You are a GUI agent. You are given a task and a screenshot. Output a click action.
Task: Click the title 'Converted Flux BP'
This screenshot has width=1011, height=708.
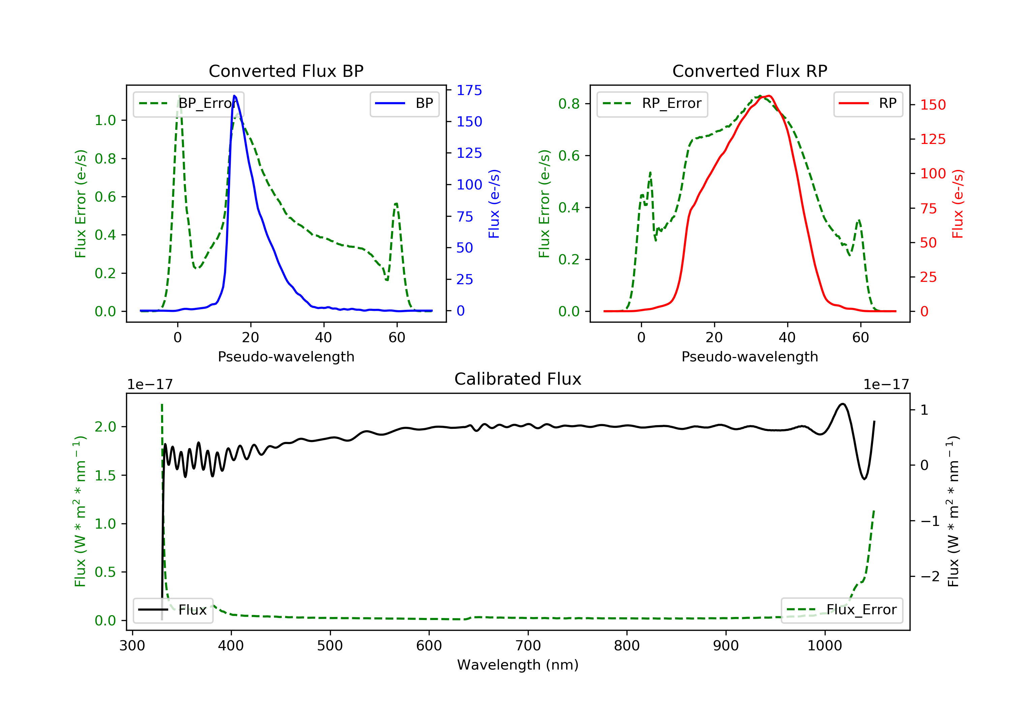pos(286,71)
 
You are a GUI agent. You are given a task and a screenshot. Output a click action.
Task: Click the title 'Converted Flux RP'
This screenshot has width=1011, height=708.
pos(749,71)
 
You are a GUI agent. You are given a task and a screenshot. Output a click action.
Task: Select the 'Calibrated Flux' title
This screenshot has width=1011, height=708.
pos(517,379)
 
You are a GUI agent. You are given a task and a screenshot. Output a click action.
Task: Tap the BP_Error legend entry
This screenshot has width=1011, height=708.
pos(188,104)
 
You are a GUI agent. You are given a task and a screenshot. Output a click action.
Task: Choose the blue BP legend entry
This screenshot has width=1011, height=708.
pos(404,104)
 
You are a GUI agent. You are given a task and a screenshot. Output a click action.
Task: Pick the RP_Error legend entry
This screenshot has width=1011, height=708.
pos(652,104)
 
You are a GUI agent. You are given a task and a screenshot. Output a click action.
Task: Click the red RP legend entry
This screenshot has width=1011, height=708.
pos(868,104)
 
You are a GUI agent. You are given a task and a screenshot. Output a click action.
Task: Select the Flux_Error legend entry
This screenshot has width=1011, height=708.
pos(841,610)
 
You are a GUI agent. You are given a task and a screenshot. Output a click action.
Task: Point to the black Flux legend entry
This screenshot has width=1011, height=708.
pos(173,610)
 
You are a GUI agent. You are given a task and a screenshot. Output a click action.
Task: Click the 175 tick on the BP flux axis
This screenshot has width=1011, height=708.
pos(469,90)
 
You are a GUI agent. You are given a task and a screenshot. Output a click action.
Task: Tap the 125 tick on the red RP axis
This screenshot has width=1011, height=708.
pos(932,139)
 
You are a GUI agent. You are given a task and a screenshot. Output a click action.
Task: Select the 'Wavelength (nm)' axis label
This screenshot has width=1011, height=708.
pos(517,665)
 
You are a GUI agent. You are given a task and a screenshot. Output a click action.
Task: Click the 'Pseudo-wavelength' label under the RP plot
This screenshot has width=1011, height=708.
pos(749,356)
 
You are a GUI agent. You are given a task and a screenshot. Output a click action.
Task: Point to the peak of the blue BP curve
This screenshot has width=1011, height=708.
pos(234,96)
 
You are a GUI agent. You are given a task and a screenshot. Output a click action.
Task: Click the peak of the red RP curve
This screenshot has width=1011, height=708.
pos(768,96)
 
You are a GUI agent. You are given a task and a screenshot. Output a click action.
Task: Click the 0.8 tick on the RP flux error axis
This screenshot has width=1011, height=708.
pos(569,104)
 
